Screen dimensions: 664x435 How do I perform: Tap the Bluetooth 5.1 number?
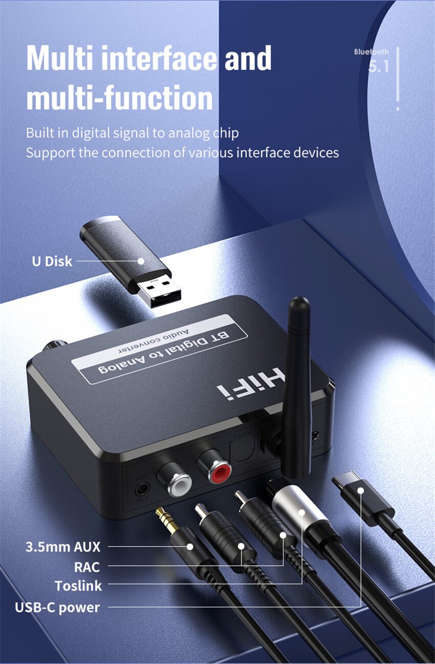pyautogui.click(x=378, y=67)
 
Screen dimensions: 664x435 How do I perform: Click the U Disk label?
pyautogui.click(x=52, y=261)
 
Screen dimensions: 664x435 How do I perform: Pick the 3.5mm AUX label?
pyautogui.click(x=63, y=547)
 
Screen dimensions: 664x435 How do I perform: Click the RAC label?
pyautogui.click(x=87, y=567)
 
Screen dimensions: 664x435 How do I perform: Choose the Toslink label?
pyautogui.click(x=78, y=586)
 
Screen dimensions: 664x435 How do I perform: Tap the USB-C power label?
pyautogui.click(x=57, y=607)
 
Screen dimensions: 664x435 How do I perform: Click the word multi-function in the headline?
pyautogui.click(x=119, y=98)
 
